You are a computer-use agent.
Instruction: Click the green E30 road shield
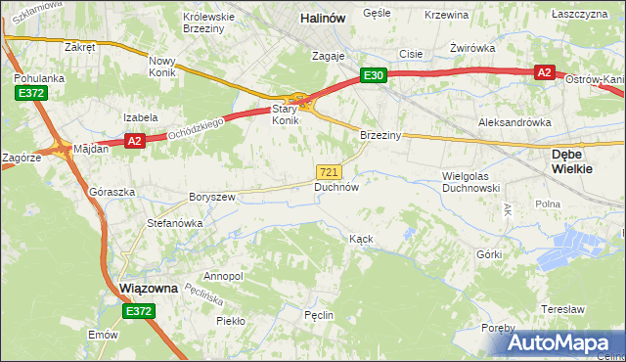pos(373,74)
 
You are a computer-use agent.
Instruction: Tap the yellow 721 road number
pos(329,171)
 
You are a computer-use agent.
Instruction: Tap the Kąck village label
pos(361,239)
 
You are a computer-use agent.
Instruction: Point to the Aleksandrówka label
pos(514,122)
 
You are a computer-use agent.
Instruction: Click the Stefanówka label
pos(174,223)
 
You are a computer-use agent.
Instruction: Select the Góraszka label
pos(111,193)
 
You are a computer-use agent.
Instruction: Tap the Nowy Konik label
pos(161,67)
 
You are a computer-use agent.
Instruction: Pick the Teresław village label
pos(562,308)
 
